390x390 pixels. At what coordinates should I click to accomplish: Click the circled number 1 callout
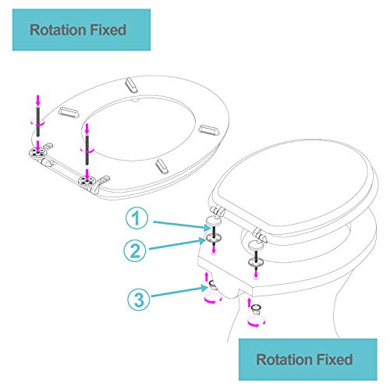(136, 218)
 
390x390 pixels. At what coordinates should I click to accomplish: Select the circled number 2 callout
(135, 250)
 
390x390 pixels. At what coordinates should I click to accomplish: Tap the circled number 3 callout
(139, 299)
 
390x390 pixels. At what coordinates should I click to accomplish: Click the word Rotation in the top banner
(56, 30)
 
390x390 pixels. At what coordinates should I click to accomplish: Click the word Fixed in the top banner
(108, 30)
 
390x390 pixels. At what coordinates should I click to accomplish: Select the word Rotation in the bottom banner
(282, 360)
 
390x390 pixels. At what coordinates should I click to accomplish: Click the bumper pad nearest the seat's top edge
(131, 85)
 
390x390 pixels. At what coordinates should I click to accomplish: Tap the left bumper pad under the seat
(69, 112)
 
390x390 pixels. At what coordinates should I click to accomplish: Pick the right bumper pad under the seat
(209, 129)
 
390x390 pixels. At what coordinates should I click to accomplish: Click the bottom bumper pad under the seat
(161, 166)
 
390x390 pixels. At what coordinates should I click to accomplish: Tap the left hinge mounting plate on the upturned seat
(37, 154)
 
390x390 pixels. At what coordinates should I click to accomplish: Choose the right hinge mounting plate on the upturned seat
(87, 181)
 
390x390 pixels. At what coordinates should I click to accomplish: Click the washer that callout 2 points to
(214, 237)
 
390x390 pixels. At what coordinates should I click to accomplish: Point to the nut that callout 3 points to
(213, 285)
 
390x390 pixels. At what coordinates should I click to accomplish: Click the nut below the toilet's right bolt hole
(256, 309)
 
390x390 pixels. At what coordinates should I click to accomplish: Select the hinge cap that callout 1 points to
(214, 221)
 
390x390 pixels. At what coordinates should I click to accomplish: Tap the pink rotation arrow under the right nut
(257, 321)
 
